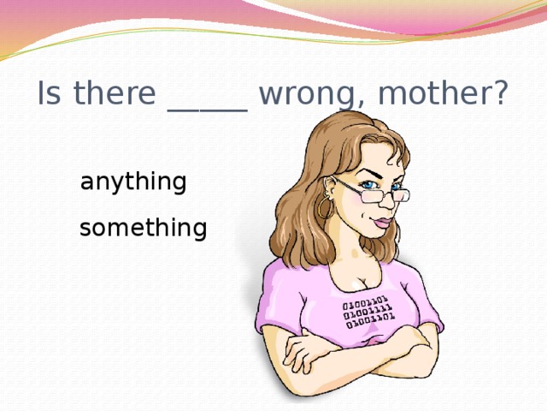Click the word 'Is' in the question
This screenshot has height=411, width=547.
48,95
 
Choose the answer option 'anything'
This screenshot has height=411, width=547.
132,182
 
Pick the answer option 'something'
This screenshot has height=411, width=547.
143,229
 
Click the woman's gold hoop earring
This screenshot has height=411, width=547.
325,207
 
